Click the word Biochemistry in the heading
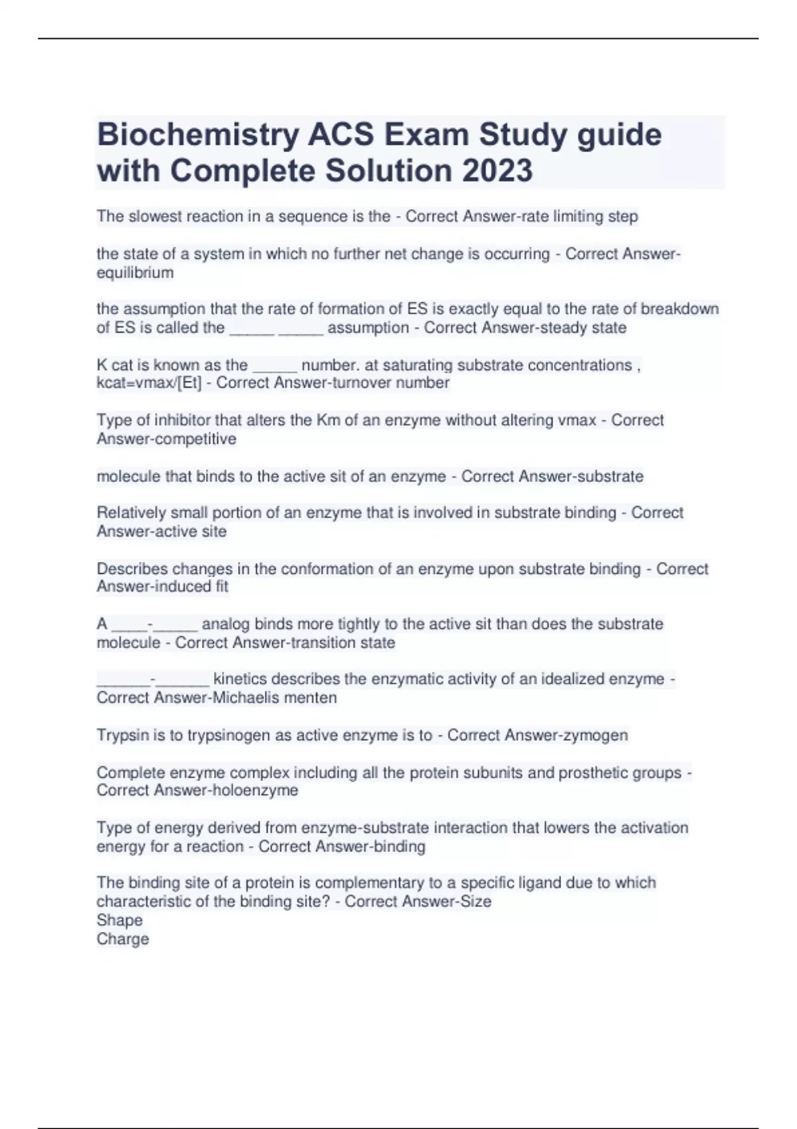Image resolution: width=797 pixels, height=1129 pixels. tap(199, 135)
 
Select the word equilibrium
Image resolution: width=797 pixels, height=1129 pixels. tap(135, 273)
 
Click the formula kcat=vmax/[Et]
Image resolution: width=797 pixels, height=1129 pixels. tap(149, 383)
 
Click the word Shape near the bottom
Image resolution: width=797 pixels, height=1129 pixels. tap(120, 920)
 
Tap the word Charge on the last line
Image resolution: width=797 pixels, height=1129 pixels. tap(123, 939)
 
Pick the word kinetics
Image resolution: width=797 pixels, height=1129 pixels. tap(240, 679)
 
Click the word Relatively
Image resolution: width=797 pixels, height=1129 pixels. tap(132, 513)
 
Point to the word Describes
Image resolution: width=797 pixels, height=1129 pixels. tap(131, 569)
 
